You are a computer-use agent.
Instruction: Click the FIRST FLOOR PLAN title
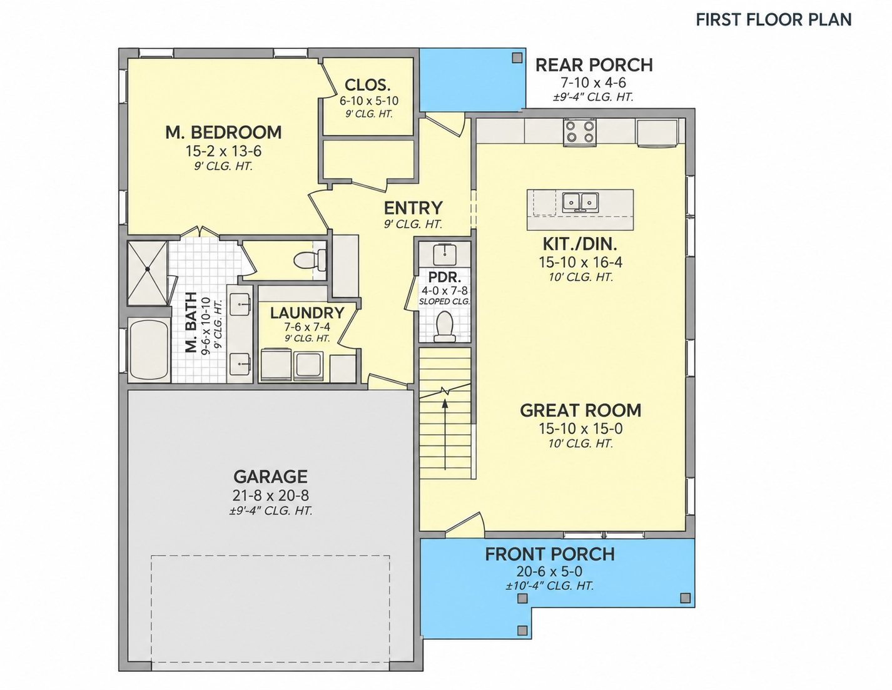tap(773, 19)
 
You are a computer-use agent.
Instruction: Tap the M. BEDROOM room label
tap(223, 132)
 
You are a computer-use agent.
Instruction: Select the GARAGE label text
tap(270, 477)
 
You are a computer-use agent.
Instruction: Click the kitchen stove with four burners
tap(580, 132)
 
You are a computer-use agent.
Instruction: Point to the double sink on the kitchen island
tap(580, 202)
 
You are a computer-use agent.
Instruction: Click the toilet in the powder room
tap(445, 327)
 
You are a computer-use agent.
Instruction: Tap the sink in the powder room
tap(445, 255)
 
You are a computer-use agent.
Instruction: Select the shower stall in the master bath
tap(148, 273)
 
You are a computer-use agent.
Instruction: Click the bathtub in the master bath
tap(149, 350)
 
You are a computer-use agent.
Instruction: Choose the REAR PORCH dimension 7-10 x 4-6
tap(593, 83)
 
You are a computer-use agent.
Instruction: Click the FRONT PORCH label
tap(550, 554)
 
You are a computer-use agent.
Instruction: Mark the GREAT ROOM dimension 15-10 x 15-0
tap(580, 429)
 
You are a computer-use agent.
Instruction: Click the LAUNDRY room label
tap(307, 313)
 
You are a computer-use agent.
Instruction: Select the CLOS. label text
tap(367, 85)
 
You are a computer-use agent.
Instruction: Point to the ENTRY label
tap(413, 208)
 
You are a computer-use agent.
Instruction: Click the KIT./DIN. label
tap(580, 244)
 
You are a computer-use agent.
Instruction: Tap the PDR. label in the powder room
tap(445, 277)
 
